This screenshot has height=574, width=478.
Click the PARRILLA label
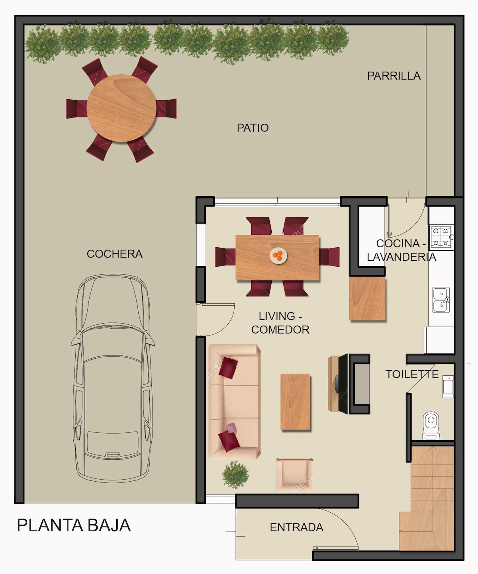click(x=394, y=76)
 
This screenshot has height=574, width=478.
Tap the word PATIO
click(x=253, y=128)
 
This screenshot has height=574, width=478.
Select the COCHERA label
click(x=114, y=254)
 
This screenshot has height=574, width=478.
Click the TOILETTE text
click(x=412, y=374)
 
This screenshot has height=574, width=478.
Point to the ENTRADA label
click(x=296, y=527)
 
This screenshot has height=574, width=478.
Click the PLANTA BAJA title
click(x=74, y=525)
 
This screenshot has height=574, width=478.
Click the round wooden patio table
click(x=121, y=108)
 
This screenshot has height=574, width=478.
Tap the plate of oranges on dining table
click(x=278, y=256)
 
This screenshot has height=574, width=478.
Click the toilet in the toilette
click(x=431, y=426)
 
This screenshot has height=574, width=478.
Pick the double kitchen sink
click(x=441, y=300)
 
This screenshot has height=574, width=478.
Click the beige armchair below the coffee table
click(x=295, y=475)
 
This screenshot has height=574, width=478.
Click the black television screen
click(x=343, y=384)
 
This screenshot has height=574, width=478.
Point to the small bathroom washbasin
click(x=448, y=387)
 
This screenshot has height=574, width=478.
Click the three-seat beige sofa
click(x=234, y=402)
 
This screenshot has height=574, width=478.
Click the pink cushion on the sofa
click(x=231, y=428)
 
